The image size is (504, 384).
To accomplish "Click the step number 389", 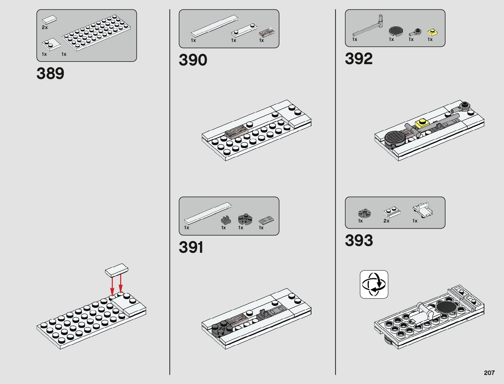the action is pyautogui.click(x=50, y=74).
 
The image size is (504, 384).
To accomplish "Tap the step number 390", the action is pyautogui.click(x=193, y=60).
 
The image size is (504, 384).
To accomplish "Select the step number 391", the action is pyautogui.click(x=191, y=247).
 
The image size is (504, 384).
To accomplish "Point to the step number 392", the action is pyautogui.click(x=359, y=59).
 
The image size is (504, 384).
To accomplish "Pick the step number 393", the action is pyautogui.click(x=359, y=241).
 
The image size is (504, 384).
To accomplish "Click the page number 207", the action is pyautogui.click(x=489, y=373).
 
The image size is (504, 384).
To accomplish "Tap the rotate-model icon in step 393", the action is pyautogui.click(x=374, y=284).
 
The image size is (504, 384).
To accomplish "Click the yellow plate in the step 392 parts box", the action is pyautogui.click(x=432, y=32).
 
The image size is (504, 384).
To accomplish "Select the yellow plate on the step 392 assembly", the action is pyautogui.click(x=422, y=123).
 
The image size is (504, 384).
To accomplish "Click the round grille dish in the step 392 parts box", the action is pyautogui.click(x=396, y=31).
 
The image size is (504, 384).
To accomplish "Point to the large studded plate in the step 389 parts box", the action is pyautogui.click(x=96, y=32).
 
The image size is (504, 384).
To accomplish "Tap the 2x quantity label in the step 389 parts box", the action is pyautogui.click(x=45, y=27).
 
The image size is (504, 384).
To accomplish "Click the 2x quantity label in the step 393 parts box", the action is pyautogui.click(x=386, y=221).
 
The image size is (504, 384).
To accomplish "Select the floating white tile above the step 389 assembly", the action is pyautogui.click(x=117, y=270).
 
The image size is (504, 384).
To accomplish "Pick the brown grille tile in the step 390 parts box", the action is pyautogui.click(x=267, y=33).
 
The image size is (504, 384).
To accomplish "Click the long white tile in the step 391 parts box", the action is pyautogui.click(x=208, y=213).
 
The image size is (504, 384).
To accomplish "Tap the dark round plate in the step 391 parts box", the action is pyautogui.click(x=245, y=219).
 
